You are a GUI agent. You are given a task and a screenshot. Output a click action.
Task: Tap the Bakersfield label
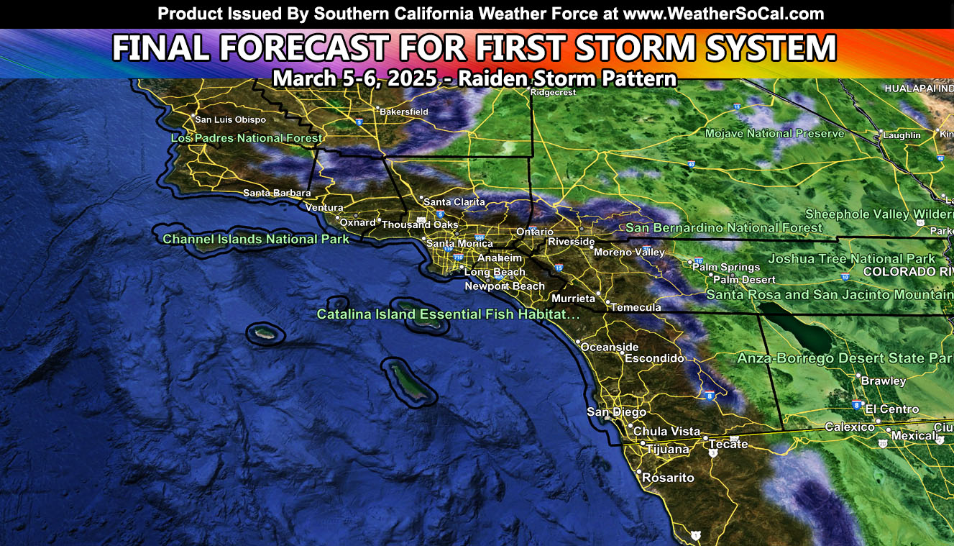click(x=403, y=112)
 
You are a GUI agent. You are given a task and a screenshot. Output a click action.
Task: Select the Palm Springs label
click(x=726, y=267)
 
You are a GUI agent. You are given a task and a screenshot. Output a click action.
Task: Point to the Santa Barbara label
click(x=277, y=193)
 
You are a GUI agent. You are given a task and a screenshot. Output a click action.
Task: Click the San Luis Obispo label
click(x=230, y=119)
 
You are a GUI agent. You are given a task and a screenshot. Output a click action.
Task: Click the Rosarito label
click(x=668, y=478)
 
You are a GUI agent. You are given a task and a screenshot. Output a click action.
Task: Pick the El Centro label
click(x=892, y=409)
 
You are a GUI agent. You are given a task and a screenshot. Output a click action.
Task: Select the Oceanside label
click(x=610, y=347)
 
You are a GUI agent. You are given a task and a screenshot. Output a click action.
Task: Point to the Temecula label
click(x=636, y=307)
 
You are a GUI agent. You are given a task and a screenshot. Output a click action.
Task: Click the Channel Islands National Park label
click(x=256, y=239)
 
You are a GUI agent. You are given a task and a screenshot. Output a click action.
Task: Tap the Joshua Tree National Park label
click(x=852, y=259)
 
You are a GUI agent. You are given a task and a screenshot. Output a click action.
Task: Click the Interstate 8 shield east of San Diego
click(x=710, y=395)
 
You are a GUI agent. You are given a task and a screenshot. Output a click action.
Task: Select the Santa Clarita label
click(x=454, y=202)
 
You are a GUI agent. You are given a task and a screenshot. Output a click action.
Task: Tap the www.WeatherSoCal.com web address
click(x=723, y=14)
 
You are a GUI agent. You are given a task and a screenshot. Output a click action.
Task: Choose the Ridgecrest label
click(x=554, y=92)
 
